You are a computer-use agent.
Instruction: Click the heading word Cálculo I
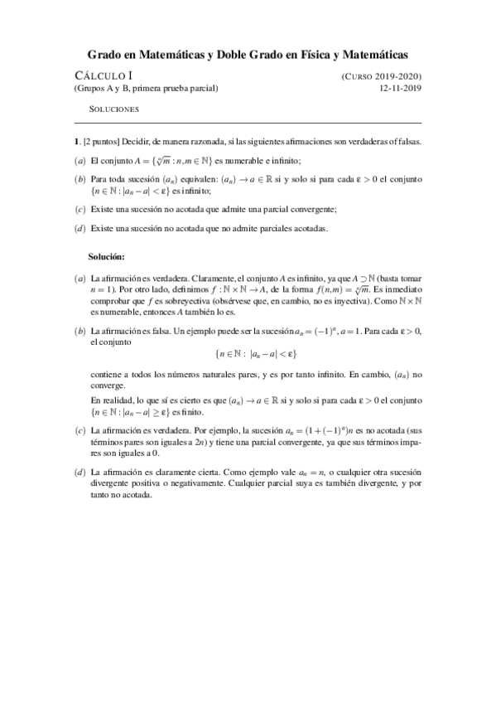pyautogui.click(x=97, y=75)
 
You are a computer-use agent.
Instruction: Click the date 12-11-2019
pyautogui.click(x=400, y=88)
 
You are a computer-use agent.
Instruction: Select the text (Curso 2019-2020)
pyautogui.click(x=381, y=75)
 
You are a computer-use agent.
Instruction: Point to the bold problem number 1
pyautogui.click(x=75, y=142)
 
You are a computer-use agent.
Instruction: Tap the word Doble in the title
pyautogui.click(x=236, y=55)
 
